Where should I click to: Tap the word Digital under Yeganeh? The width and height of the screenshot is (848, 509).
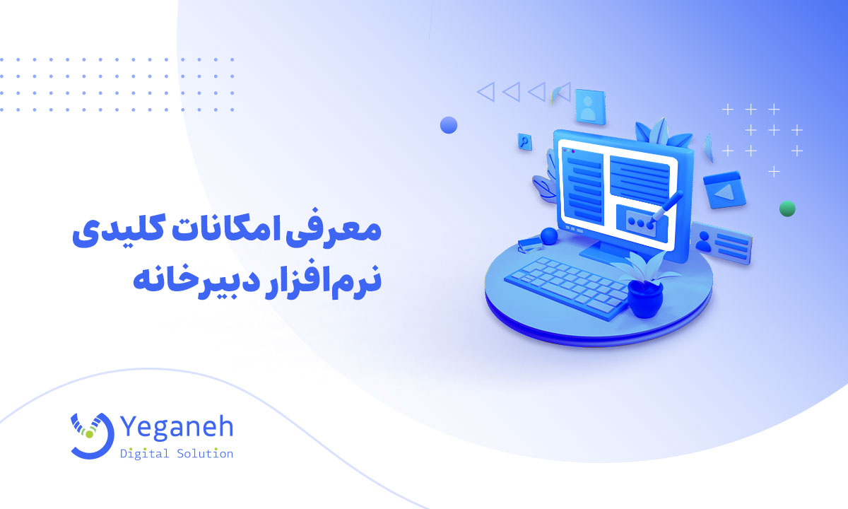click(x=144, y=453)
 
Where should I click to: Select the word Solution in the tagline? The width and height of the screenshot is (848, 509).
click(x=206, y=453)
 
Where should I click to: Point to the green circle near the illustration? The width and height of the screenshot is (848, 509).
click(x=787, y=209)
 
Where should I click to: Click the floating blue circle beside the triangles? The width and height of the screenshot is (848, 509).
click(x=449, y=125)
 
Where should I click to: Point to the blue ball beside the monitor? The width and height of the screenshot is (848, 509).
click(x=548, y=235)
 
